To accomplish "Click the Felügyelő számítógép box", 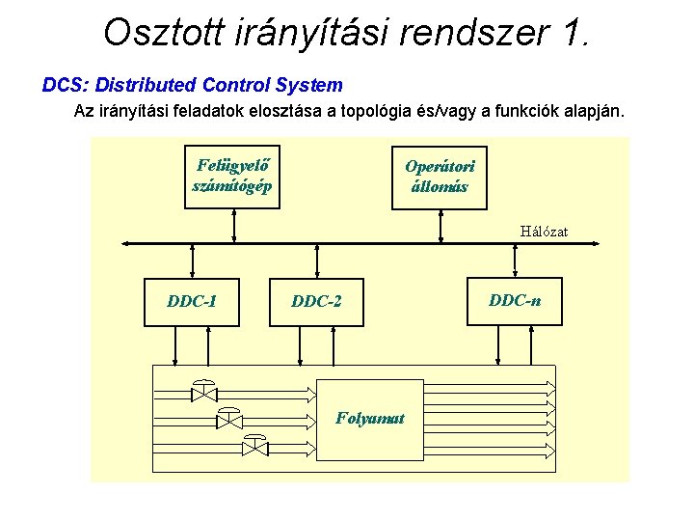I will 232,177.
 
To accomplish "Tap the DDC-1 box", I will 192,301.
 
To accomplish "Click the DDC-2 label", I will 316,302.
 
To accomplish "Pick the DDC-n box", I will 515,300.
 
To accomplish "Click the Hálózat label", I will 544,232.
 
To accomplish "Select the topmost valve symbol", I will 204,392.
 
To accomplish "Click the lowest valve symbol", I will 254,446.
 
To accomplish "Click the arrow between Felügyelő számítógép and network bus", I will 234,224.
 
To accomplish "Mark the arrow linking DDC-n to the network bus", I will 512,260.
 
